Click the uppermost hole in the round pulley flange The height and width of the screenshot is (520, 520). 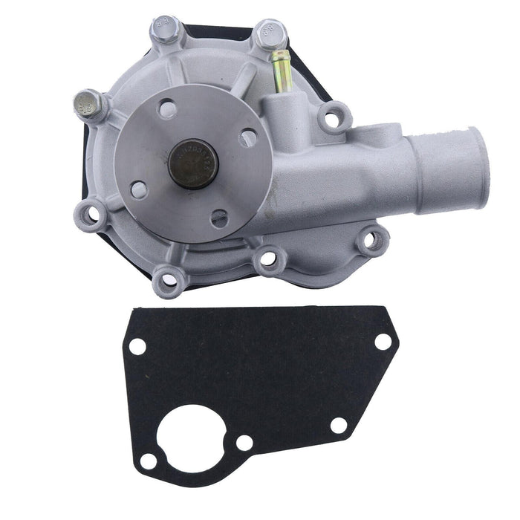click(x=169, y=109)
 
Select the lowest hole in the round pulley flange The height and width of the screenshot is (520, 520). click(x=218, y=218)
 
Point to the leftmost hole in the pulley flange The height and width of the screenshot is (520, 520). click(x=138, y=189)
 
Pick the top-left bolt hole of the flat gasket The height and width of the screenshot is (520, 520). click(x=137, y=346)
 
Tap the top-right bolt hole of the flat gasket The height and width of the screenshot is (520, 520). click(x=383, y=342)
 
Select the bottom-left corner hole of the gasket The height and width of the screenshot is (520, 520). click(x=149, y=461)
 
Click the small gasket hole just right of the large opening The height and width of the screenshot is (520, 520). click(x=244, y=443)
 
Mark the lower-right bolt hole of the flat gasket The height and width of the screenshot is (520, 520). click(x=338, y=426)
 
